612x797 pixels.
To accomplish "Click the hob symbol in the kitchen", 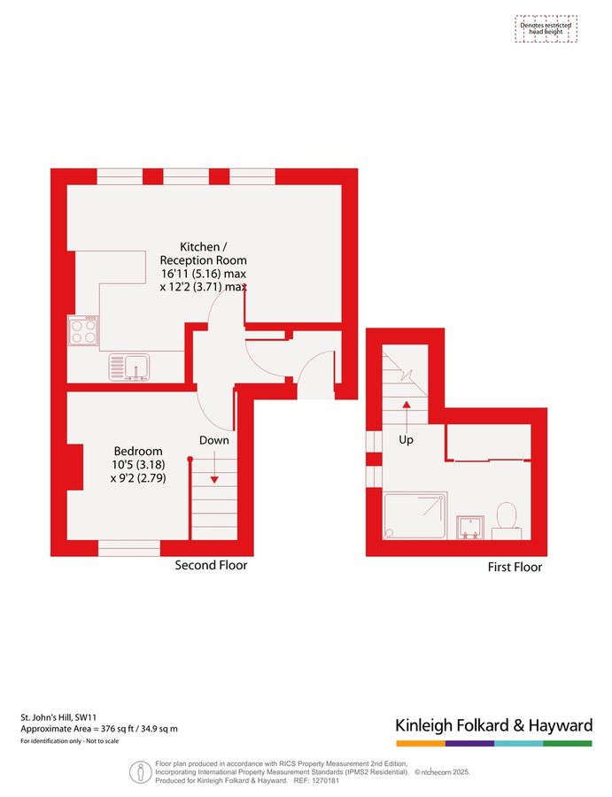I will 83,330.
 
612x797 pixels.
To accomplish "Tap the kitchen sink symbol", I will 129,367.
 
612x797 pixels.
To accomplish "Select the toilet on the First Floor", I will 507,520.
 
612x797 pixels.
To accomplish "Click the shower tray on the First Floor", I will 414,516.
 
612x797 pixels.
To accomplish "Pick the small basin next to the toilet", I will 469,528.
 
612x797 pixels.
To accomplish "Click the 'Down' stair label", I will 213,440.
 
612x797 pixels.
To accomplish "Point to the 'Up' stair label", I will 407,439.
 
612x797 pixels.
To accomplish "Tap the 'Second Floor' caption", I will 211,565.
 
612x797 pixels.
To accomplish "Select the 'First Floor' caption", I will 515,567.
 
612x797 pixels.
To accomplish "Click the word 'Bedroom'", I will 137,451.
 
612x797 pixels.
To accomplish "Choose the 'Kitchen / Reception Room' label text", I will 202,253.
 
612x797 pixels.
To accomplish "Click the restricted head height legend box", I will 546,29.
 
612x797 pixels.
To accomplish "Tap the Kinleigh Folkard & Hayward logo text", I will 493,725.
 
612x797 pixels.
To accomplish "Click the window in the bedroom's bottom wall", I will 128,549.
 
